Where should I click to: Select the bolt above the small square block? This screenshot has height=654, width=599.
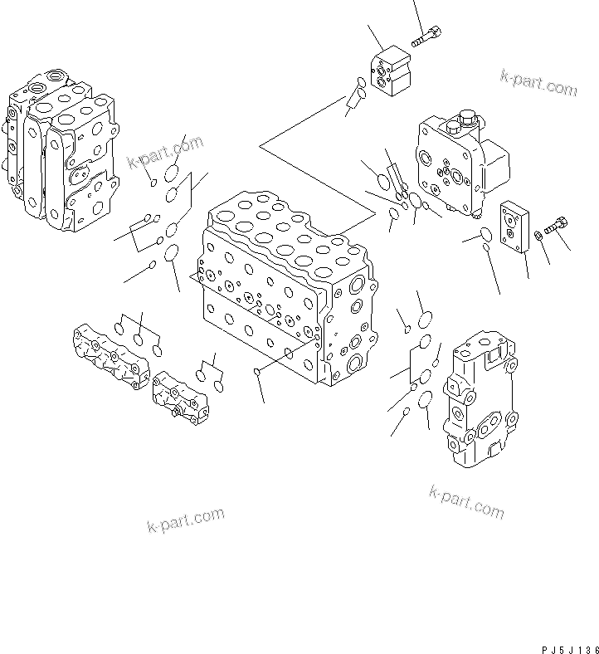[x=426, y=36]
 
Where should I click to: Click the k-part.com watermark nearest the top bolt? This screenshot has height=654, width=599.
[x=538, y=83]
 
